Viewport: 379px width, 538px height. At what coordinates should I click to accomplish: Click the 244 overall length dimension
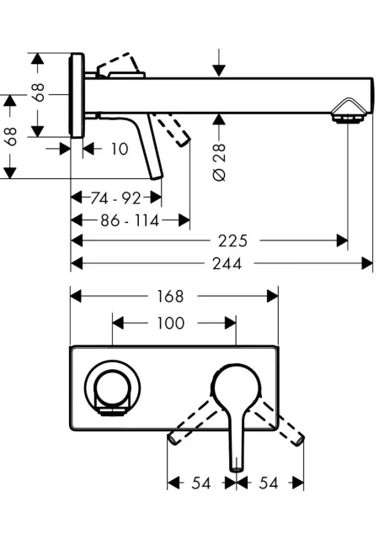click(227, 263)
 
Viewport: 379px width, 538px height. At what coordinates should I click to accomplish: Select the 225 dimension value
click(232, 241)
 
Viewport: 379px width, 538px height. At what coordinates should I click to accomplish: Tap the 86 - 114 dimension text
click(130, 220)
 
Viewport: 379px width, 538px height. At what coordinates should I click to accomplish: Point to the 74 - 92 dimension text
click(115, 198)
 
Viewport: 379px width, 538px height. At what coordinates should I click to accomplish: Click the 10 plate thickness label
click(120, 149)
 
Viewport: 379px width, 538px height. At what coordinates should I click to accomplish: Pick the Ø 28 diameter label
click(220, 162)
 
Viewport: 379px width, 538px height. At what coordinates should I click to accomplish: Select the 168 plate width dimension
click(171, 296)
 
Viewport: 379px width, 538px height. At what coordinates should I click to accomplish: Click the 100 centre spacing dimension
click(171, 323)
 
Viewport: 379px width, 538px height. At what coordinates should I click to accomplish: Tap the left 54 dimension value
click(200, 483)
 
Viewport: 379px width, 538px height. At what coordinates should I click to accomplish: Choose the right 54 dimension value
click(269, 483)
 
